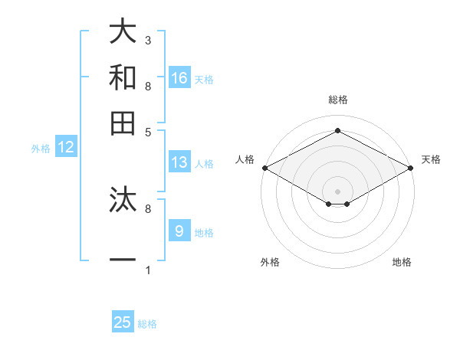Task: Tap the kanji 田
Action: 123,122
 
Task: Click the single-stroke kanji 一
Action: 123,260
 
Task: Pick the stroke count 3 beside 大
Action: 148,40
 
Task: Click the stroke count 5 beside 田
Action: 148,131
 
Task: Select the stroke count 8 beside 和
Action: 148,86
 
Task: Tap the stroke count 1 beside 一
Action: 148,270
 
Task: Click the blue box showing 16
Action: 179,77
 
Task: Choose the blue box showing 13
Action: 179,162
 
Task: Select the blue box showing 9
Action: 179,231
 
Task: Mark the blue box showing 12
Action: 66,148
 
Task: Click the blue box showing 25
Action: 123,322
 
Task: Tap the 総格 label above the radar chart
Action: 337,100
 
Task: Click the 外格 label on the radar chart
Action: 270,263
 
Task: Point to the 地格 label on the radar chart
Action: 402,263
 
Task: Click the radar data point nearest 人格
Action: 264,168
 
